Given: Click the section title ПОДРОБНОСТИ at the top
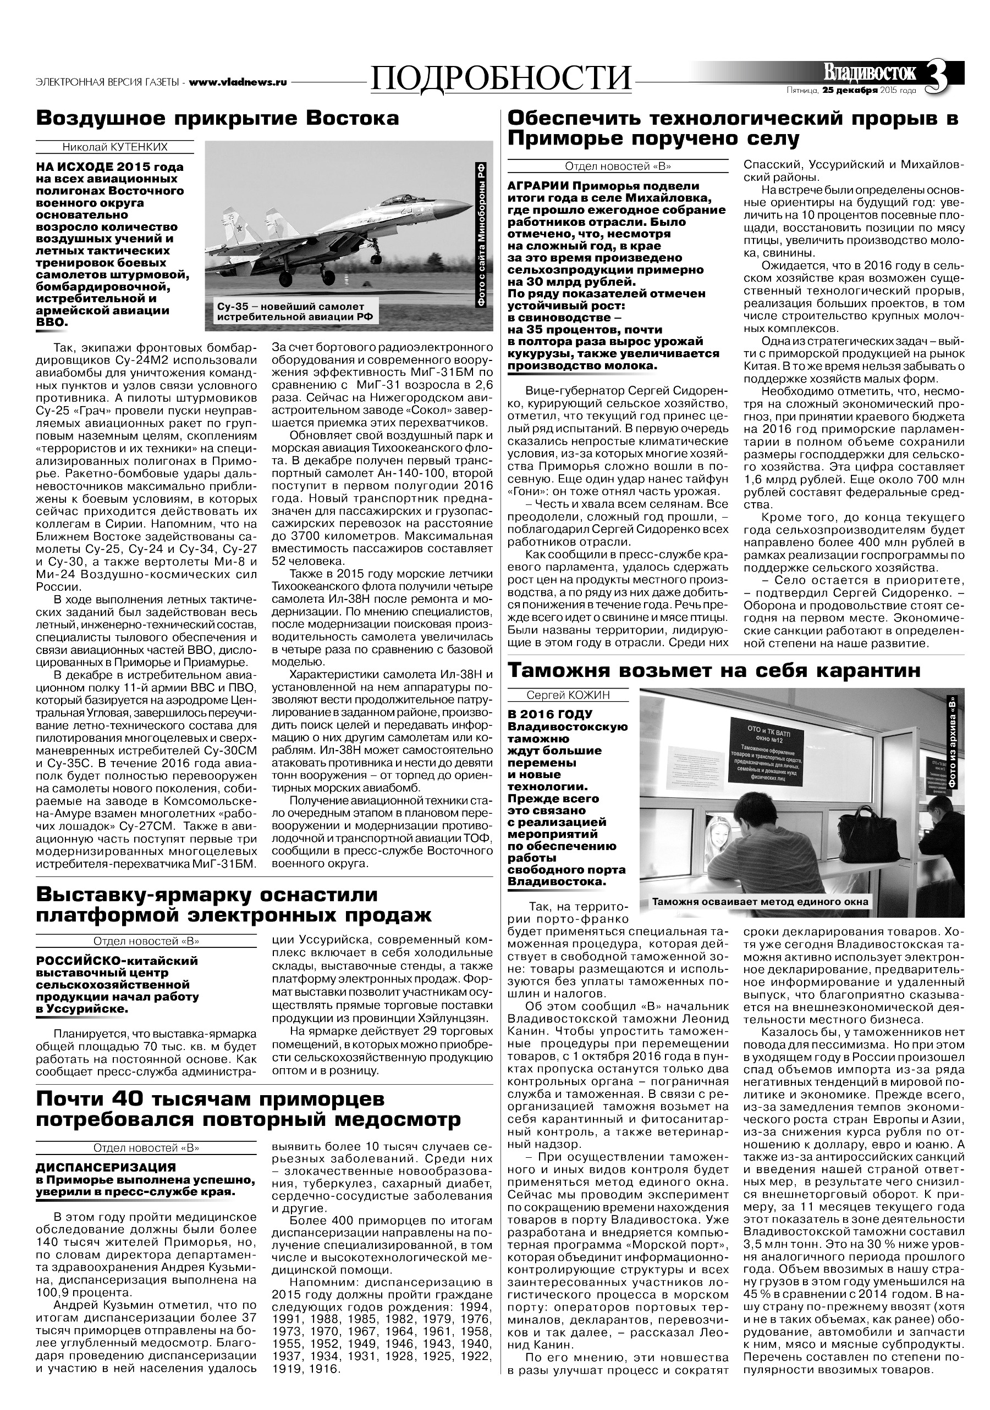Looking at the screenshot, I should pos(502,78).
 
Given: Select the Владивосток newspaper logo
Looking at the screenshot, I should pos(870,73).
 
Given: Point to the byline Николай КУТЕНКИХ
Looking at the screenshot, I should pos(114,147).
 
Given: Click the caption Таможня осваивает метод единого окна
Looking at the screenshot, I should pos(760,902).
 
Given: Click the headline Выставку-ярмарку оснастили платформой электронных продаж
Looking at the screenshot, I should pos(234,904).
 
